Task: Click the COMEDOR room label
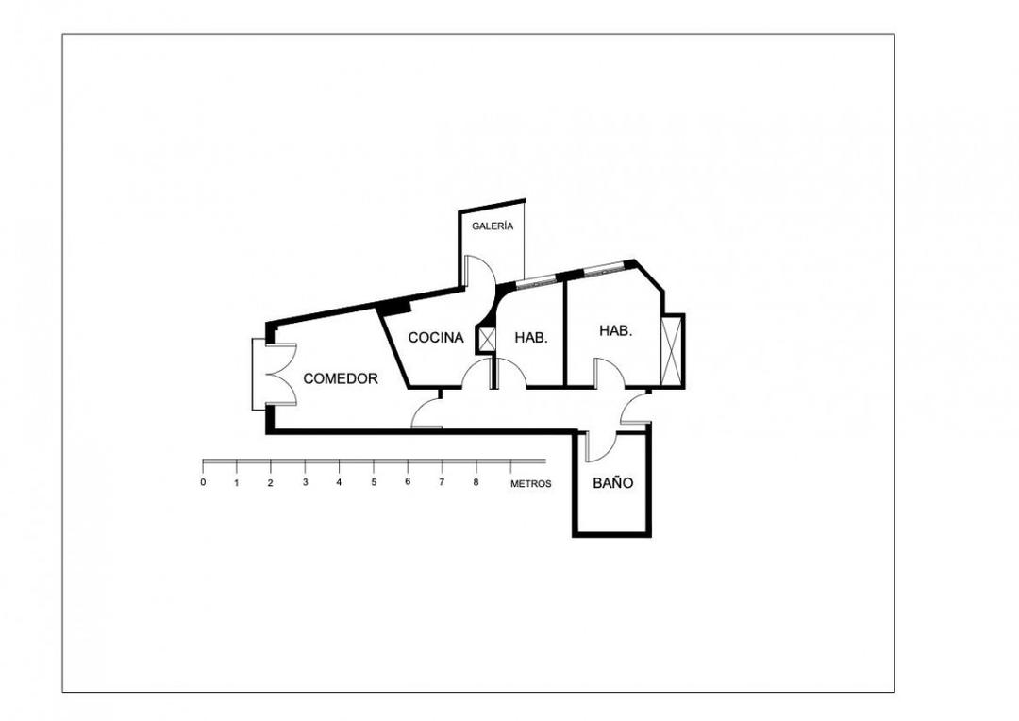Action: coord(341,378)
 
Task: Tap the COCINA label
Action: coord(435,337)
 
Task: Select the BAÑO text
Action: coord(612,482)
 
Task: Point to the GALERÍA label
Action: coord(493,226)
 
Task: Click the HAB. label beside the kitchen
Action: coord(531,337)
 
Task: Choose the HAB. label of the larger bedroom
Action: coord(615,331)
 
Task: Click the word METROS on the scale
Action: coord(531,483)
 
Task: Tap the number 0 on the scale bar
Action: coord(203,482)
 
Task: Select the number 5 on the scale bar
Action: coord(374,482)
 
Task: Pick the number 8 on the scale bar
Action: coord(476,482)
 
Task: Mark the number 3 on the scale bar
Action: coord(305,482)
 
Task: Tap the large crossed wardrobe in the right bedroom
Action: coord(673,351)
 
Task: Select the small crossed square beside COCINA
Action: coord(487,339)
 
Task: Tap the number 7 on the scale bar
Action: coord(441,482)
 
